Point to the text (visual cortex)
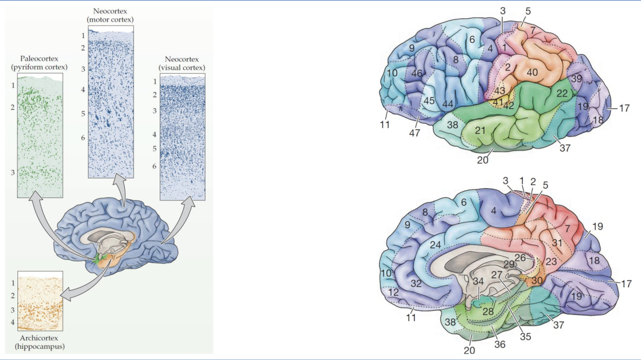pos(182,67)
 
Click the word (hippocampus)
pos(39,346)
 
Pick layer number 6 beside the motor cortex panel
pos(83,138)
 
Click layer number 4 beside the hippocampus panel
pos(13,322)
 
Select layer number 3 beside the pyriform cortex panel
pos(13,172)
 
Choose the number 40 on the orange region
pos(531,73)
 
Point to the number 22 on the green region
pos(562,94)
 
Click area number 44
pos(448,104)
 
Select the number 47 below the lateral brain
pos(414,133)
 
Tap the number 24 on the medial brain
pos(435,245)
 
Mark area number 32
pos(416,284)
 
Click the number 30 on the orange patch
pos(537,280)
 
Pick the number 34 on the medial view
pos(478,281)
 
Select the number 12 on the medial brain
pos(394,292)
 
